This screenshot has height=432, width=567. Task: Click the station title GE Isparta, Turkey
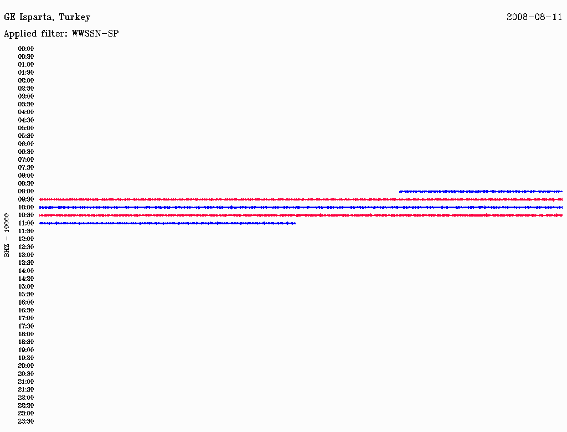coord(47,17)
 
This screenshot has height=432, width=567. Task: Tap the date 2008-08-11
coord(534,17)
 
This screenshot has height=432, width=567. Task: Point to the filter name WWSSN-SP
coord(95,34)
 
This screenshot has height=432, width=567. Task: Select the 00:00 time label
coord(26,49)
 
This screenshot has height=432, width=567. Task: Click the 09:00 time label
coord(26,192)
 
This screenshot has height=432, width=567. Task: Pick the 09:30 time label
coord(26,199)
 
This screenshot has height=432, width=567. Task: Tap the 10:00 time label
coord(26,207)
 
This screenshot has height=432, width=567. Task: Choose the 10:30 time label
coord(26,215)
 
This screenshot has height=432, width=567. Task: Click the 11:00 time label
coord(26,223)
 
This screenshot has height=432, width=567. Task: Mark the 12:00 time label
coord(26,239)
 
